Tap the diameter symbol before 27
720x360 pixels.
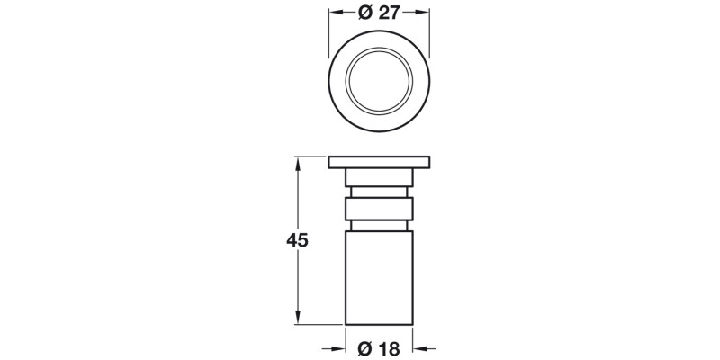[364, 13]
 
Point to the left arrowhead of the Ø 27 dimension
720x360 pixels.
[333, 13]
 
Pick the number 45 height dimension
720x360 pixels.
[297, 240]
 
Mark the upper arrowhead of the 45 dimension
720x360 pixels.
[297, 162]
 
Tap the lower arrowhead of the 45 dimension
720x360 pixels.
[297, 318]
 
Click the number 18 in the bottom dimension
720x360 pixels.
[389, 348]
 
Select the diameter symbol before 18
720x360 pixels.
[365, 348]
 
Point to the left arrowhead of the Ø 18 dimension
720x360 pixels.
[340, 348]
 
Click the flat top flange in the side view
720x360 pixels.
[379, 162]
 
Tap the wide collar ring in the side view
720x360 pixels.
[379, 209]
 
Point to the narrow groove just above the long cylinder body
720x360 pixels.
[379, 225]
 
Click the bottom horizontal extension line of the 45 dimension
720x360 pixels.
[319, 324]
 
